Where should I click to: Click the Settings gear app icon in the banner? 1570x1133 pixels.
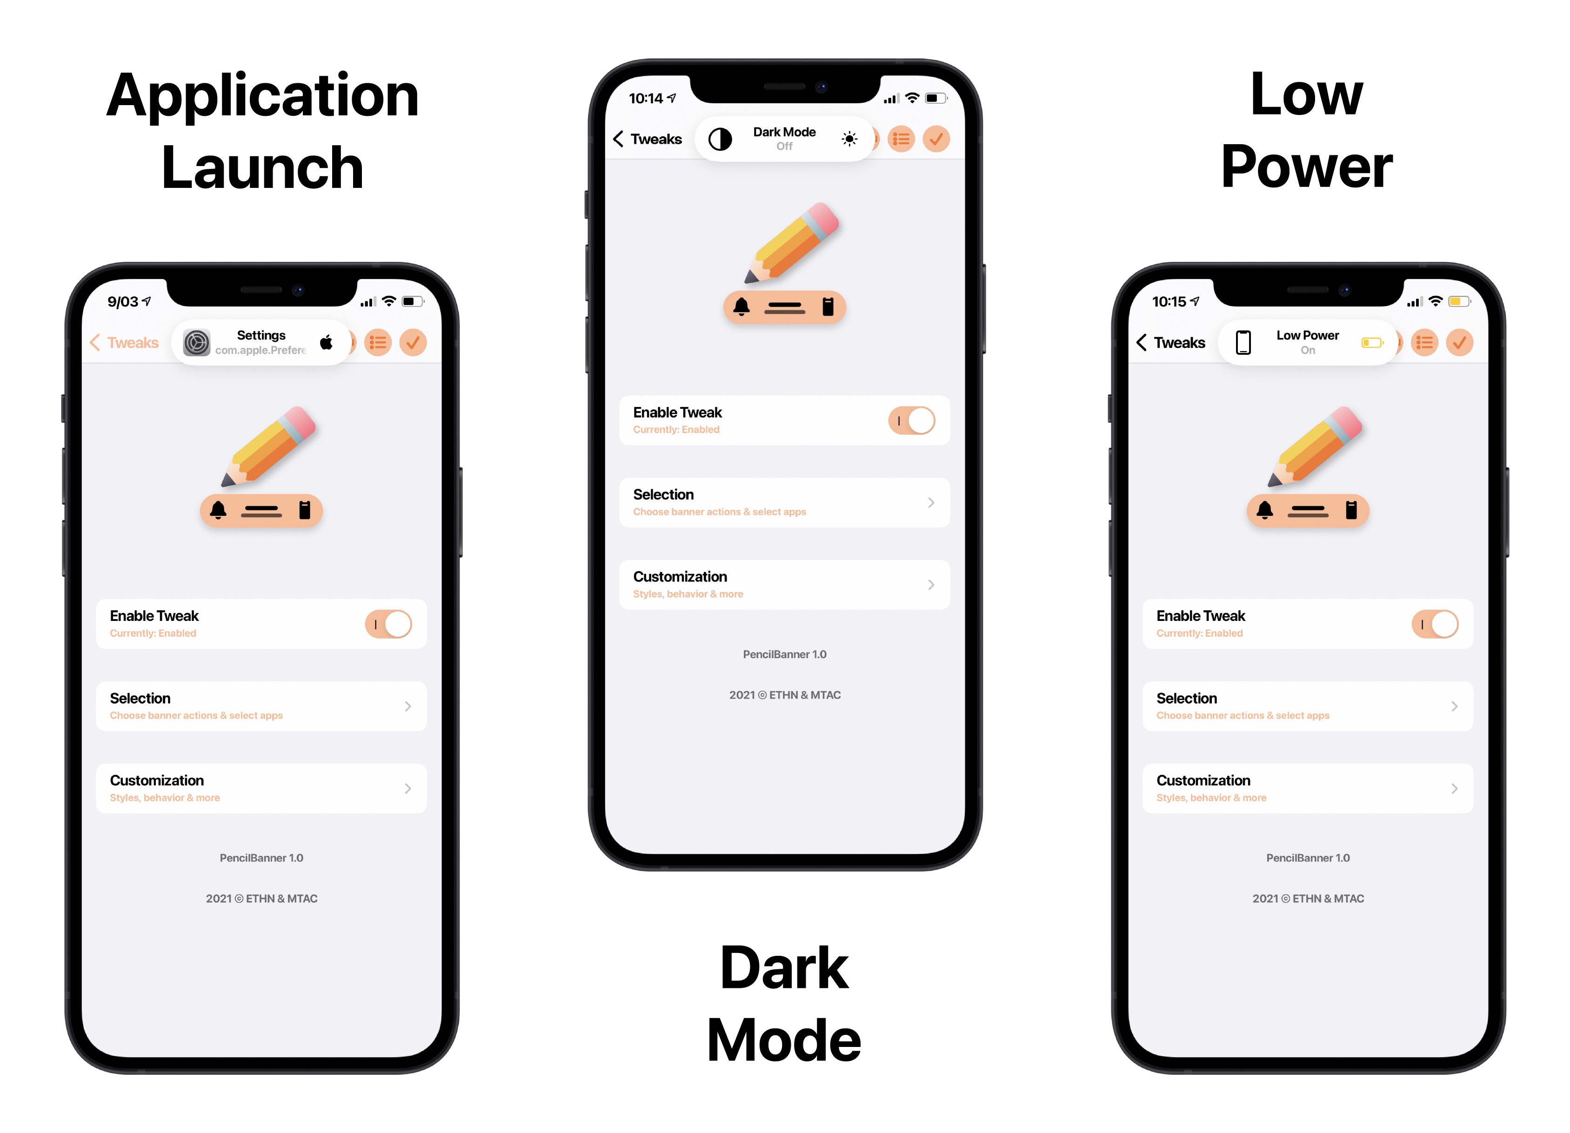pos(197,343)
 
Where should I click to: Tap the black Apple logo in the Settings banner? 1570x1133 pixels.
pos(326,342)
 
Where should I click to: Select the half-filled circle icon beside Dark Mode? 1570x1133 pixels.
pos(720,139)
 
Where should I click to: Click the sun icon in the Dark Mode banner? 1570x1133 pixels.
pos(849,139)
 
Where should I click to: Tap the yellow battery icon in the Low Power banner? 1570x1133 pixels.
pos(1372,343)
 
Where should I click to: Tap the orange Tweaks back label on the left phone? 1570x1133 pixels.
pos(133,343)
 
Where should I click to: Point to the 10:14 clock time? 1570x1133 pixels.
pos(646,98)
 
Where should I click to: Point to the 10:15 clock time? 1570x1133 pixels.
pos(1169,302)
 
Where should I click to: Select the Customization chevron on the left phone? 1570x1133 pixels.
pos(408,788)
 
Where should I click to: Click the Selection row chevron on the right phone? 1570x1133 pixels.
pos(1454,706)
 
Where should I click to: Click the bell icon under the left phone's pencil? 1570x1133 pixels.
pos(218,510)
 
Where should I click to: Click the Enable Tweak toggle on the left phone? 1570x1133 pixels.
pos(388,624)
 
